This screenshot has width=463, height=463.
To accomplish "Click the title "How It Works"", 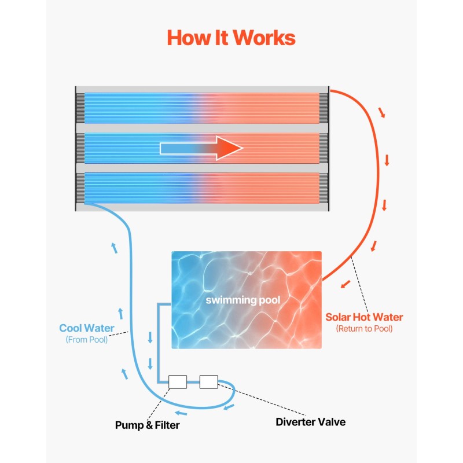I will (231, 38).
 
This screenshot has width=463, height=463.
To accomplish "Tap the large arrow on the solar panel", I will (201, 148).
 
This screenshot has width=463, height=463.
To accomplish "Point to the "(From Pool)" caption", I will (87, 340).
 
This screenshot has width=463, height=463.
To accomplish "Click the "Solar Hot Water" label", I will (364, 317).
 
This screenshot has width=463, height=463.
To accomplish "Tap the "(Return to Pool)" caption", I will (364, 329).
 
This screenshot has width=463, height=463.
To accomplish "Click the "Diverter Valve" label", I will (310, 422).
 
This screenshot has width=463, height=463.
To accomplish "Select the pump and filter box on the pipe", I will (177, 381).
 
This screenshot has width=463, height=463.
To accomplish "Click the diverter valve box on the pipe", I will (208, 381).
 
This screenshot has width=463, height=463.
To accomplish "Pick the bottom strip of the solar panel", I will (202, 188).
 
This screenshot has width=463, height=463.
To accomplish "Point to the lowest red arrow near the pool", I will (346, 284).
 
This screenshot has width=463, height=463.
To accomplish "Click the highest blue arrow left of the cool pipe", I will (114, 248).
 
